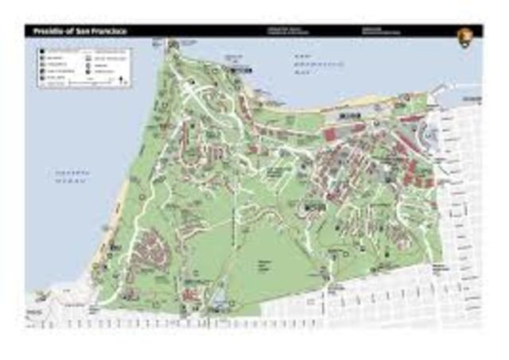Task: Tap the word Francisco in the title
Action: coord(109,32)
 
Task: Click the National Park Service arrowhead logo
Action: coord(464,35)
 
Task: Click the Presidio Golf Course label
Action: coord(266,264)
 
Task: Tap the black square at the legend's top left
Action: coord(41,51)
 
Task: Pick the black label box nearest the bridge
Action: coord(243,70)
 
